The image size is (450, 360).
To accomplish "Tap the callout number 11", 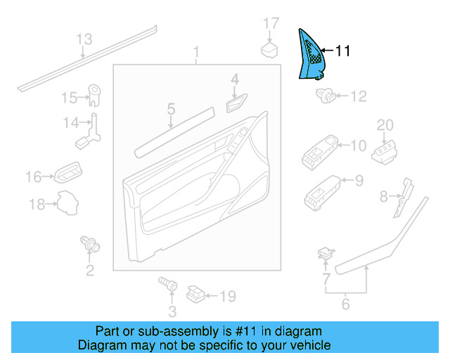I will pos(342,51).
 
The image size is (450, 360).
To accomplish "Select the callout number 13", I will pos(84,39).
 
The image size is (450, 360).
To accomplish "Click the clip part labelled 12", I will pos(328,95).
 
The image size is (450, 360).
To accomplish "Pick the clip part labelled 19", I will pos(197,295).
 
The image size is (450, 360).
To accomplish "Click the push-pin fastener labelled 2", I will pos(90,244).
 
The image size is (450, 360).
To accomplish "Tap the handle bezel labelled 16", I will pos(69,173).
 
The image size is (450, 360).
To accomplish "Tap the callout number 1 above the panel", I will pos(196,53).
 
